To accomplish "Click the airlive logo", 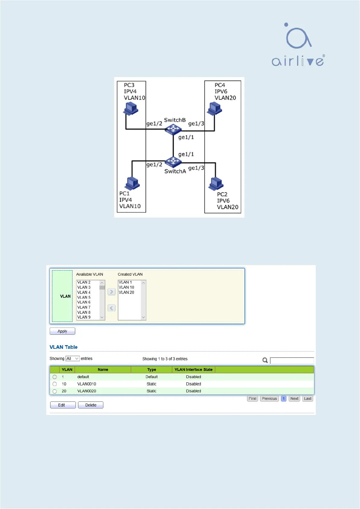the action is (298, 44).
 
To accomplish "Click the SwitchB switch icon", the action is (173, 130).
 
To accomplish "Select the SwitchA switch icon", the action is (173, 162).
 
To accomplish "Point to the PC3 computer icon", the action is (131, 109).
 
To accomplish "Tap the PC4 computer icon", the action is (215, 109).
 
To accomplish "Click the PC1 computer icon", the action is (132, 183).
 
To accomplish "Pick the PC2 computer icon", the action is (216, 183).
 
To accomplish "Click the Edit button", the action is (63, 405).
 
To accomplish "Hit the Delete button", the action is (91, 405).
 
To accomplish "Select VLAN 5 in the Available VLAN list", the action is (84, 297).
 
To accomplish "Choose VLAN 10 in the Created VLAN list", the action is (126, 287).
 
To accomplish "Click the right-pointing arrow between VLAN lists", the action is (111, 292).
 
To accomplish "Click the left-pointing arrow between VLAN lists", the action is (111, 308).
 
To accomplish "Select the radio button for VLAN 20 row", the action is (54, 391).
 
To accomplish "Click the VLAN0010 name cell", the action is (86, 384).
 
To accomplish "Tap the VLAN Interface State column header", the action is (193, 369).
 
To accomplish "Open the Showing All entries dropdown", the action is (73, 358).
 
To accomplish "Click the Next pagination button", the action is (294, 399).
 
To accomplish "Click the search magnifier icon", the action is (265, 360).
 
